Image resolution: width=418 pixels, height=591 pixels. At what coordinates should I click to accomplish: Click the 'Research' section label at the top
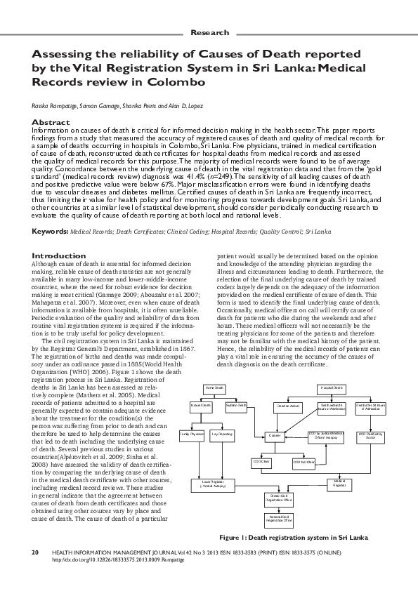[x=209, y=33]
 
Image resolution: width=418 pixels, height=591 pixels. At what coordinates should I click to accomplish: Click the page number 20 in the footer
[x=34, y=552]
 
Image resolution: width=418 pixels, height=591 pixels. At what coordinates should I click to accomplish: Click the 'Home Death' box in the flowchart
[x=214, y=388]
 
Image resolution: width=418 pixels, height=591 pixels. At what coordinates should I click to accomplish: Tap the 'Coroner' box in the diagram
[x=275, y=435]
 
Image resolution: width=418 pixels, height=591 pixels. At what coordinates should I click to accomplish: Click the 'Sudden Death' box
[x=236, y=406]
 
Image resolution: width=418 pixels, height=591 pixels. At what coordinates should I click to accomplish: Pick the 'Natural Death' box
[x=202, y=406]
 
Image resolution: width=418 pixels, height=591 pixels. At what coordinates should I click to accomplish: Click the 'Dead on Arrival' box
[x=288, y=406]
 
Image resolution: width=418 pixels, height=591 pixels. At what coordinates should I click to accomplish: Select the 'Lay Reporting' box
[x=223, y=435]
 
